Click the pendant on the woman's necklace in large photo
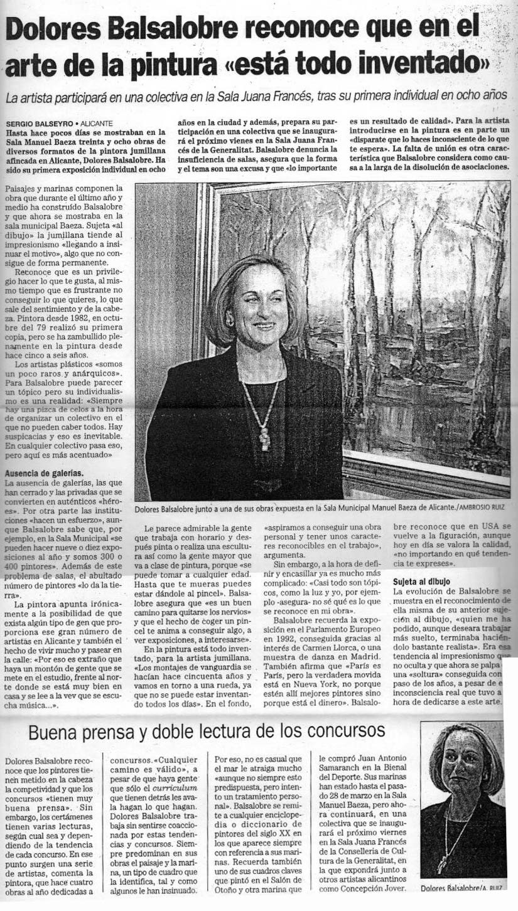[x=264, y=439]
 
